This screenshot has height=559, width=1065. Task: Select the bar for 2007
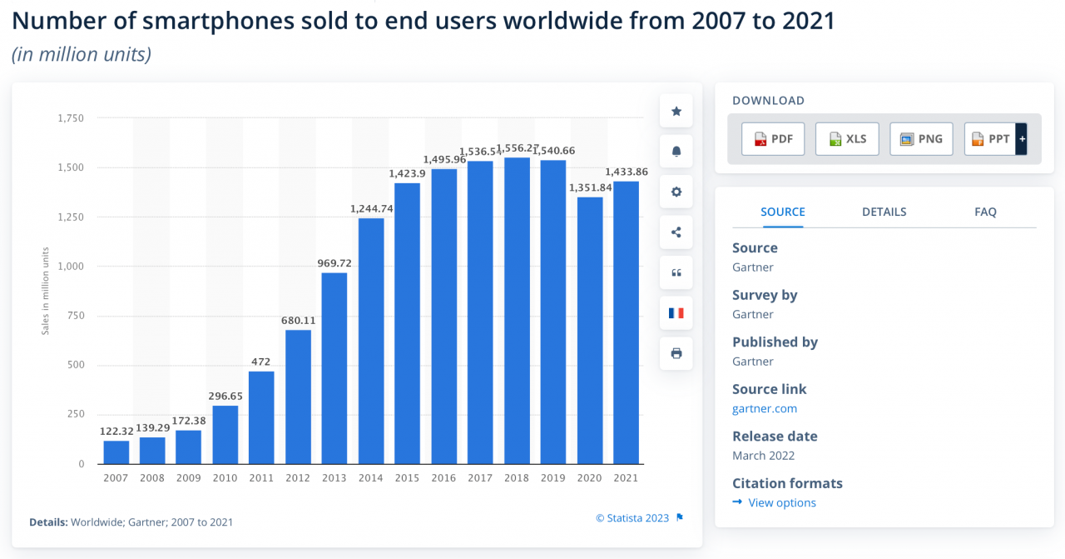pos(116,452)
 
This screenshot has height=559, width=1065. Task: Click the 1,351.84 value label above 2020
pos(590,187)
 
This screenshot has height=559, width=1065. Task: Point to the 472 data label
pos(261,362)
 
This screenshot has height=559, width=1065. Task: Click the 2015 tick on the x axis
pos(407,478)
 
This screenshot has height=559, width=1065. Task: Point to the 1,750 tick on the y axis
pos(71,118)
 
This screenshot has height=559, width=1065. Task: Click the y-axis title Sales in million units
pos(46,291)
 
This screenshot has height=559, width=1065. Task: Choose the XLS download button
pos(847,138)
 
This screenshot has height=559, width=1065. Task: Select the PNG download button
pos(921,138)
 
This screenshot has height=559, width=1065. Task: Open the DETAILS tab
pos(884,212)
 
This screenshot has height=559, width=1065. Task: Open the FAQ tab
pos(985,212)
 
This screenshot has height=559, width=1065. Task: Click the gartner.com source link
pos(765,408)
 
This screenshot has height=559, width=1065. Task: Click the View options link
pos(781,502)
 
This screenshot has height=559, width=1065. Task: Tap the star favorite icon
pos(676,111)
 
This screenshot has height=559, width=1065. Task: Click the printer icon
pos(676,353)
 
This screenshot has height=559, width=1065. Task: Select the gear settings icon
pos(676,192)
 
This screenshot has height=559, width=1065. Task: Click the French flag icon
pos(676,313)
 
